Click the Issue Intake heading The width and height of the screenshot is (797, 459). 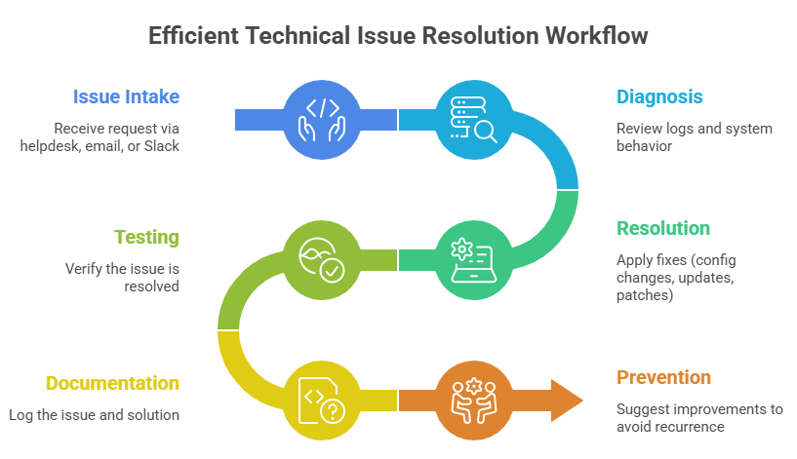click(127, 96)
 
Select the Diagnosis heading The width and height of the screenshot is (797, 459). click(659, 96)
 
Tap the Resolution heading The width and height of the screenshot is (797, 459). click(662, 228)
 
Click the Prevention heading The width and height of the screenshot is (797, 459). click(663, 377)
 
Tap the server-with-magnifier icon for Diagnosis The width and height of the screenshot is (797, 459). click(472, 119)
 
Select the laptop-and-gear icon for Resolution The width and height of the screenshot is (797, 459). click(472, 259)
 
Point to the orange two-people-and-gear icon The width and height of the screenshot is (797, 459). click(472, 400)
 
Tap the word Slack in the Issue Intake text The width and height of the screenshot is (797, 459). click(160, 145)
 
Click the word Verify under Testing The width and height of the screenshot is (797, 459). click(85, 268)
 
